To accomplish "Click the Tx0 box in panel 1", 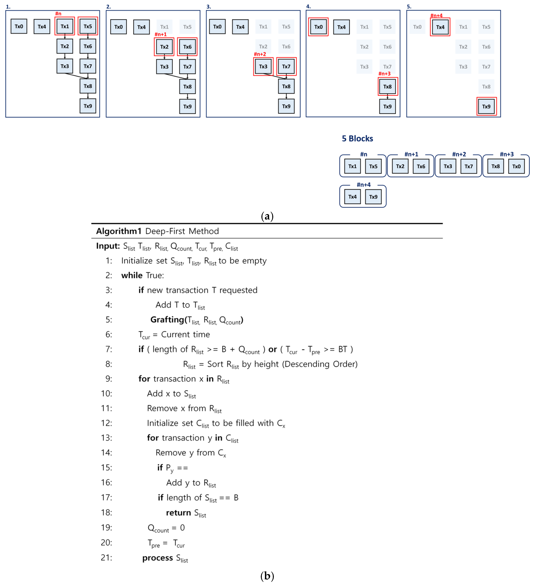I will (x=19, y=26).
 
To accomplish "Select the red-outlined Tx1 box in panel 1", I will (x=65, y=26).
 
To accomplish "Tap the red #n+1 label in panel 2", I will (x=160, y=34).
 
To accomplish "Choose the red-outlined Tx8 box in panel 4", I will (x=387, y=86).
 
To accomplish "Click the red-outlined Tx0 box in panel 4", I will (x=318, y=27).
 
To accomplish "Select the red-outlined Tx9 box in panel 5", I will (x=486, y=106).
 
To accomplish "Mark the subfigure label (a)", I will (x=267, y=216).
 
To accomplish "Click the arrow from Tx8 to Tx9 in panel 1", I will (x=88, y=96).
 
